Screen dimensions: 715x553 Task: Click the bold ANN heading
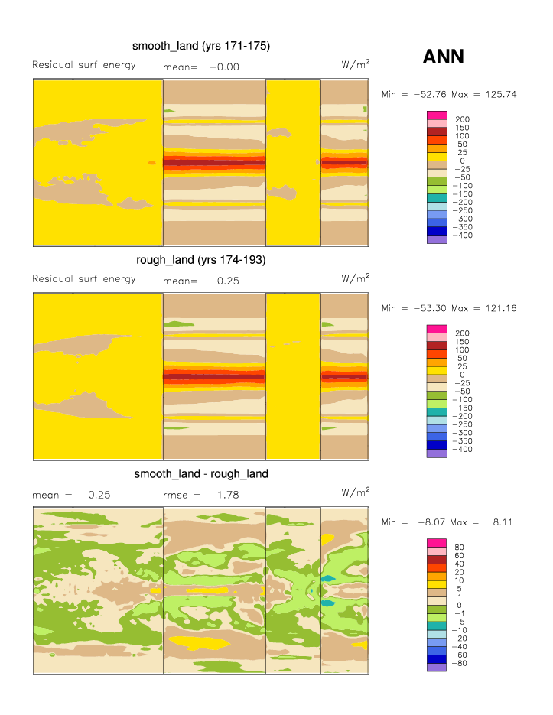(x=443, y=57)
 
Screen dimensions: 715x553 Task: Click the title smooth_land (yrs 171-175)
(x=201, y=46)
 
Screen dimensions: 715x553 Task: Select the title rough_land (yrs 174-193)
(x=201, y=260)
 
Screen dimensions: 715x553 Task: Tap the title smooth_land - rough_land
(x=201, y=474)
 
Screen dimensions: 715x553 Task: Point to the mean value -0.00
(x=224, y=67)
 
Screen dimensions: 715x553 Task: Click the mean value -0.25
(x=224, y=281)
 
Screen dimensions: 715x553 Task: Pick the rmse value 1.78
(x=227, y=495)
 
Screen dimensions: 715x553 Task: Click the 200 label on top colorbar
(x=463, y=119)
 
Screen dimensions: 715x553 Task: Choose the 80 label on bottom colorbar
(x=460, y=548)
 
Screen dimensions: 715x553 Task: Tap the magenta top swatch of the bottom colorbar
(x=436, y=543)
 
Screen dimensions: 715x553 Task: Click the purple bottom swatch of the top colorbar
(x=436, y=239)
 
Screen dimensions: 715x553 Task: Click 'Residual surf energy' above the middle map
(x=84, y=278)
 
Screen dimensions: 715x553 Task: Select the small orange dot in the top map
(x=151, y=163)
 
